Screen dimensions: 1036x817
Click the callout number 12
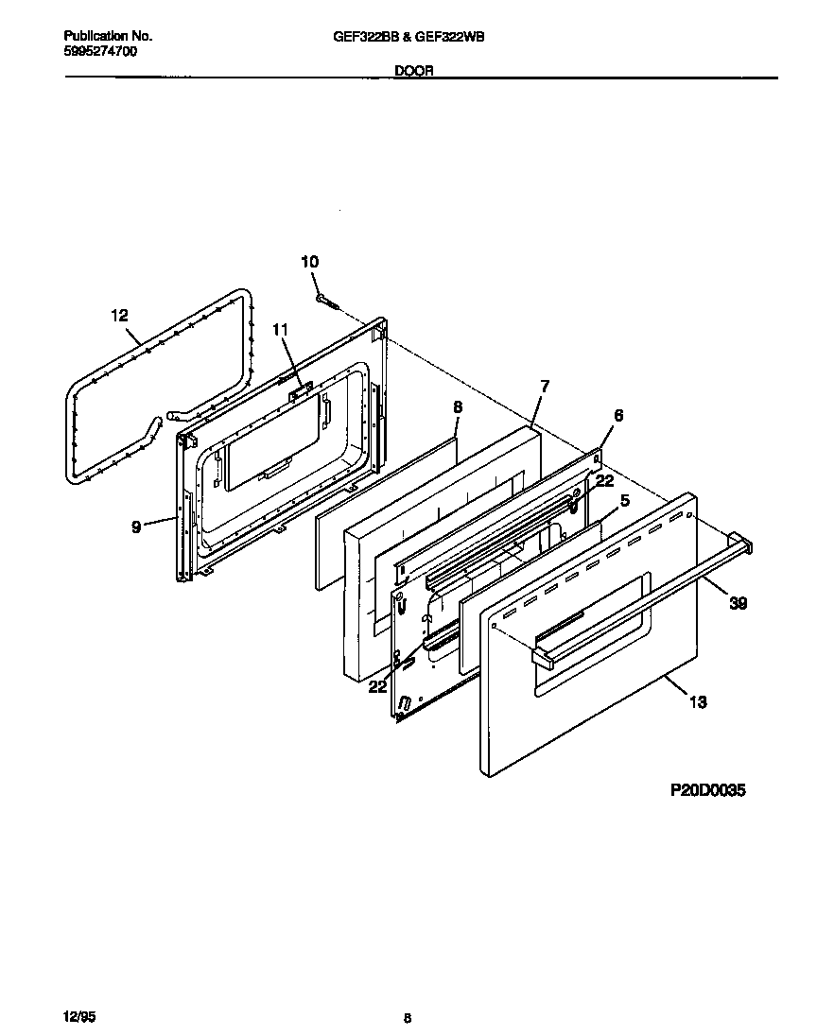point(119,316)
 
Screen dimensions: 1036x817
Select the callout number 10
point(310,262)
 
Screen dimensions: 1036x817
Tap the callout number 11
point(279,329)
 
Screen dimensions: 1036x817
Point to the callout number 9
point(137,527)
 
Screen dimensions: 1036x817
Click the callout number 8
point(458,406)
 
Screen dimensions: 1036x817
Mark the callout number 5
point(624,500)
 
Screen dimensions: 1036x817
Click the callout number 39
point(738,603)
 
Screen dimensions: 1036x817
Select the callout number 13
point(698,702)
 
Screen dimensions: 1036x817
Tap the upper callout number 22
point(605,480)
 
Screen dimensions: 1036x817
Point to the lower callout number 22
point(378,687)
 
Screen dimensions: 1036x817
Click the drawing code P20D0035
point(708,790)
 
